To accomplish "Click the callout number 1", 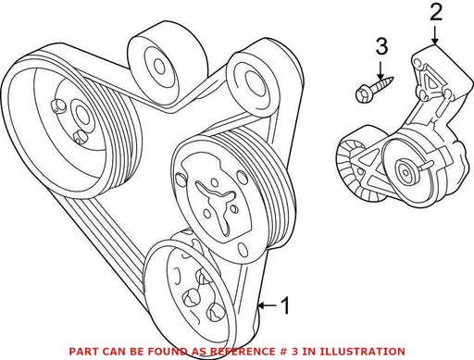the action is click(x=286, y=305).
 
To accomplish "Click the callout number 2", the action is click(x=436, y=11).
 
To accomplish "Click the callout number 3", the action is click(x=381, y=46).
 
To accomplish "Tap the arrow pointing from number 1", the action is click(x=267, y=305).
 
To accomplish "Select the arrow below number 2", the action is click(x=435, y=35).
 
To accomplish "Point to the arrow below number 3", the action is click(x=380, y=70).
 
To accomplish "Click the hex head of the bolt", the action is click(x=362, y=94).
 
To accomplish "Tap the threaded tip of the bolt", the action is click(x=391, y=81).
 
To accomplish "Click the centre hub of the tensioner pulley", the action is click(x=404, y=170).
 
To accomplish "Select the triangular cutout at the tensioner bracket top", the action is click(x=431, y=81).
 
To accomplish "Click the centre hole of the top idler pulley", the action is click(x=158, y=67).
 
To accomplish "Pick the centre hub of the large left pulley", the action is click(x=81, y=115).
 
